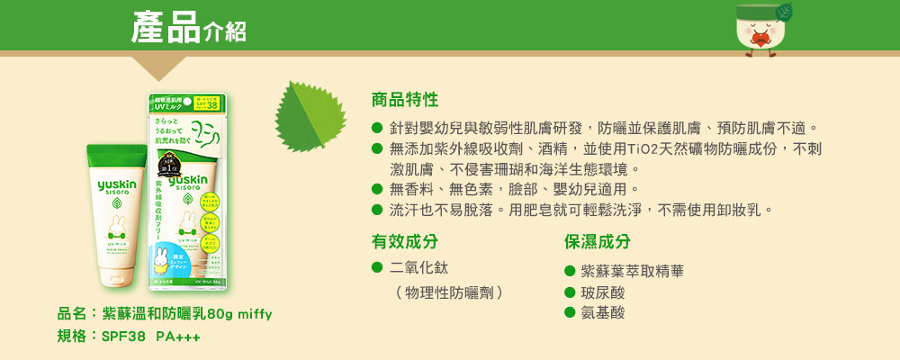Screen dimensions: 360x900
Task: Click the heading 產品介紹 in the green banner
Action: (x=188, y=28)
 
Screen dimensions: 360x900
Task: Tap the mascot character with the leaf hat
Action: (x=760, y=31)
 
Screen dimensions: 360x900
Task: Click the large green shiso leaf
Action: (x=309, y=116)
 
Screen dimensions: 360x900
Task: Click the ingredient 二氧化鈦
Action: (x=418, y=268)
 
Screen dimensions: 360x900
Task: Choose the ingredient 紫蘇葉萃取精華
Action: (x=632, y=271)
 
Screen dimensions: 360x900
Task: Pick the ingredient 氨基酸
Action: (x=602, y=312)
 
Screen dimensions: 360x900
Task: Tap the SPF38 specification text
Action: (x=123, y=337)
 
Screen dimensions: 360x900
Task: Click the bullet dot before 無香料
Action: (x=378, y=189)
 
